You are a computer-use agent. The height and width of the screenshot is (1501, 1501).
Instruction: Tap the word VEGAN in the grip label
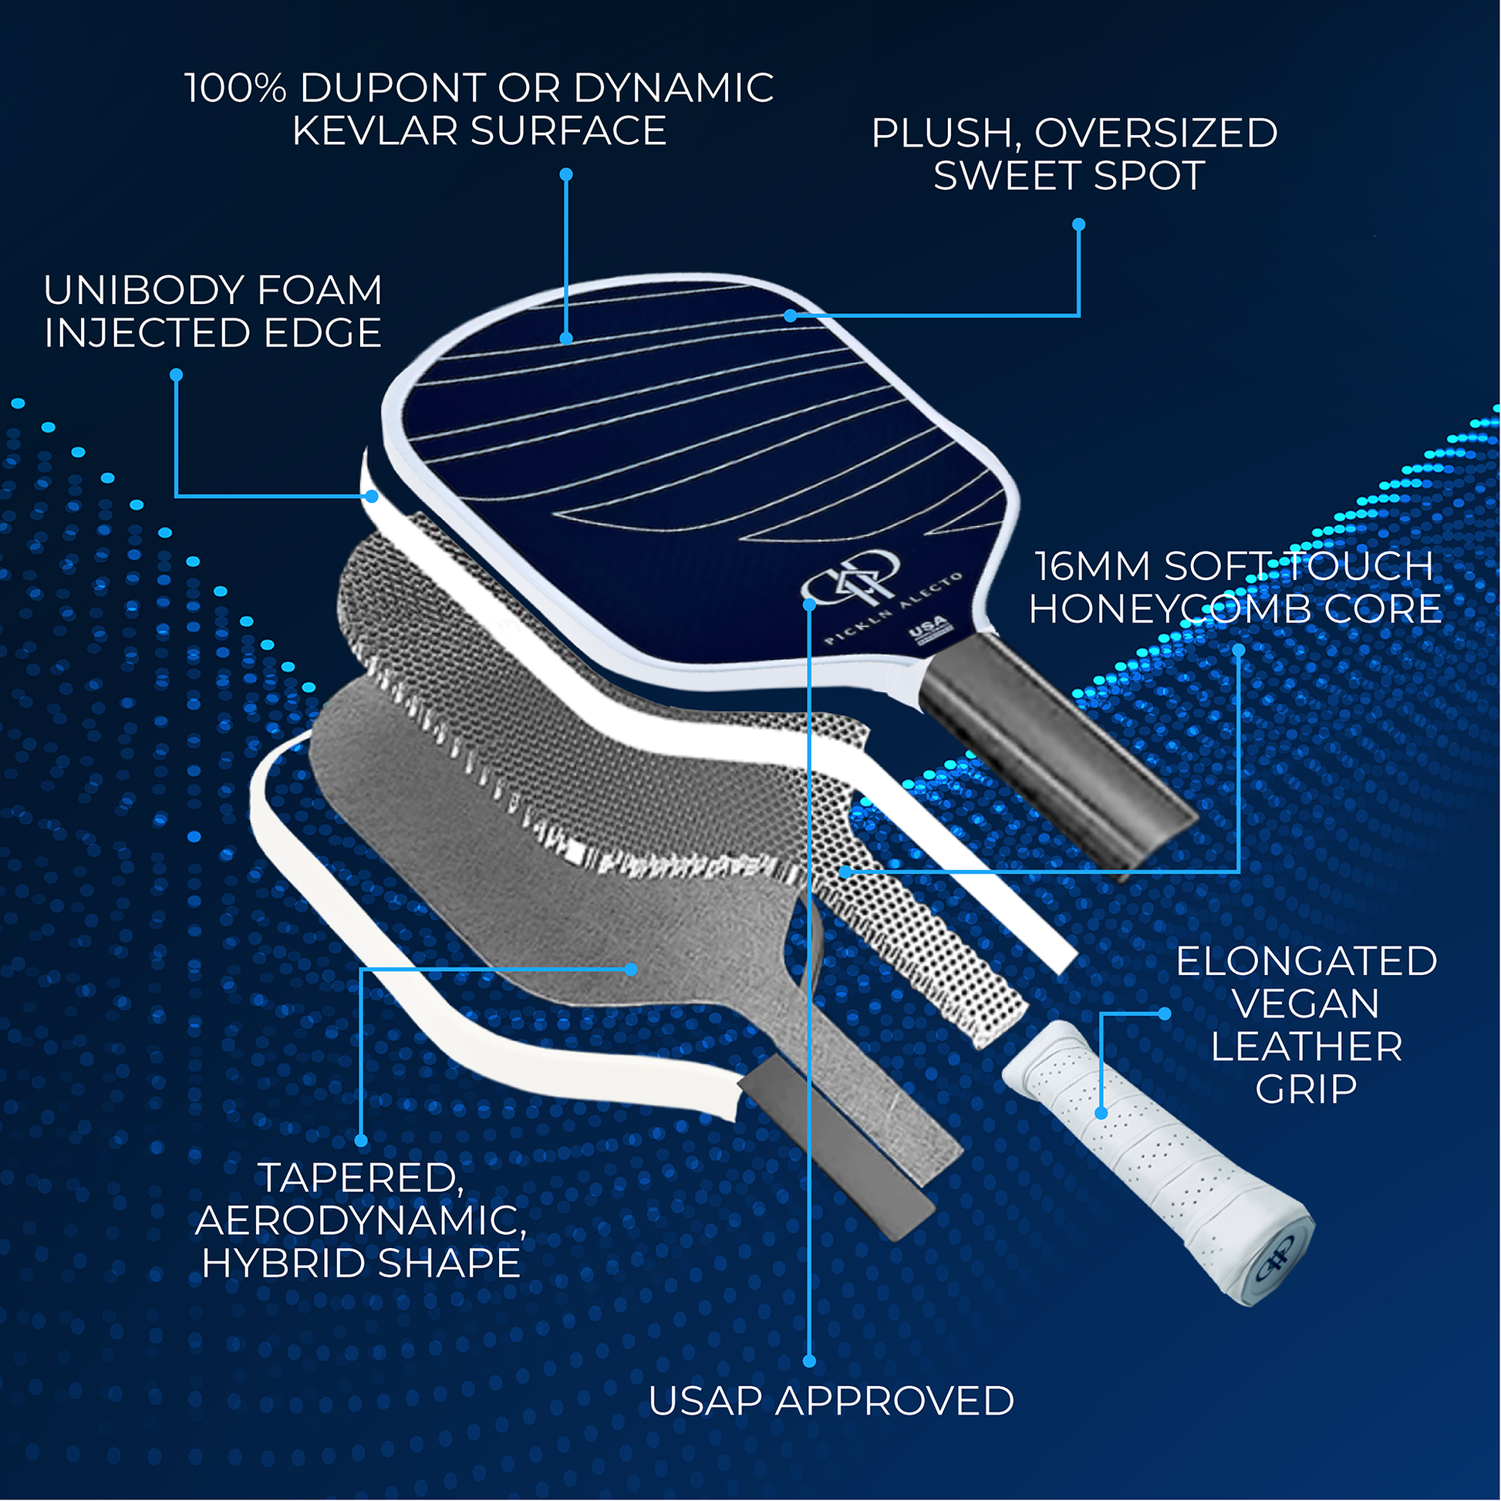coord(1306,1003)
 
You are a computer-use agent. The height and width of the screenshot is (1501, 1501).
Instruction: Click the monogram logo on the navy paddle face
coord(850,578)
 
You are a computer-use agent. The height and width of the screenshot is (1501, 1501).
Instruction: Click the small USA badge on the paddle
coord(929,629)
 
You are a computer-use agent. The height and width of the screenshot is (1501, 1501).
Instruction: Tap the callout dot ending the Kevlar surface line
coord(566,339)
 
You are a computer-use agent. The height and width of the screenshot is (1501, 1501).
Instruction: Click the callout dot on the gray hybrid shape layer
coord(632,969)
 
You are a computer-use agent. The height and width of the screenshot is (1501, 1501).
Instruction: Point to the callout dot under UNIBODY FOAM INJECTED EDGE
coord(177,374)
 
